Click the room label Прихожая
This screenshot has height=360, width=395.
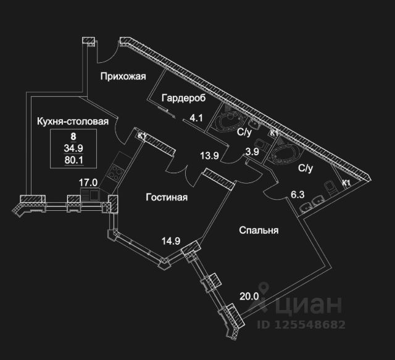[123, 76]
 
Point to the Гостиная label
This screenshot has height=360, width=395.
[167, 197]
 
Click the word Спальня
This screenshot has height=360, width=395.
[259, 231]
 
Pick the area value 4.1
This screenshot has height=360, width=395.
[196, 118]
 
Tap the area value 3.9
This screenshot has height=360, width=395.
[252, 152]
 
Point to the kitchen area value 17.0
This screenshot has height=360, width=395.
[89, 182]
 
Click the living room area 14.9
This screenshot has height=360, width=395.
[171, 241]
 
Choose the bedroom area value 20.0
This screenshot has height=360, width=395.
[249, 296]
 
